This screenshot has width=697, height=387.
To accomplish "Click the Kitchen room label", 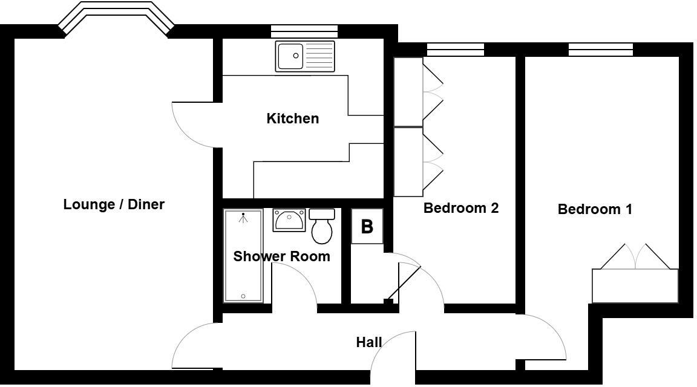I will [x=292, y=119].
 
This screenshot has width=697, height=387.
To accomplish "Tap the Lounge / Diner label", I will [x=114, y=204].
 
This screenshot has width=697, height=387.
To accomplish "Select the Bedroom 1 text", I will [x=595, y=209].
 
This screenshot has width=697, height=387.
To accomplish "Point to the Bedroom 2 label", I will [x=460, y=208].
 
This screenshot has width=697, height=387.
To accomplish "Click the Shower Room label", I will [x=281, y=256].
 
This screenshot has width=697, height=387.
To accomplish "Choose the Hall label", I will [x=368, y=342].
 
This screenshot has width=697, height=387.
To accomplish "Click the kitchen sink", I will [x=304, y=56].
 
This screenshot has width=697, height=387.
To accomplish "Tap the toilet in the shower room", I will [x=322, y=225].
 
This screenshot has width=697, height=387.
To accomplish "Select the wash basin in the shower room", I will [x=289, y=220].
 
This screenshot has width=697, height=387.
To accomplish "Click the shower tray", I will [x=243, y=255].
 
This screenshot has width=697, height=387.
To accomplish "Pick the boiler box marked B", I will [x=367, y=227].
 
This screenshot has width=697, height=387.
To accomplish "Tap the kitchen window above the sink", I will [x=304, y=31].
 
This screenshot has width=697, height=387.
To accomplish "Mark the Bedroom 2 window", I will [x=455, y=50].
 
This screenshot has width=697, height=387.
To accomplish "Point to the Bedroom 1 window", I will [x=600, y=50].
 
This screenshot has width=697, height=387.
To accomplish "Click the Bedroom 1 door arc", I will [x=545, y=336].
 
